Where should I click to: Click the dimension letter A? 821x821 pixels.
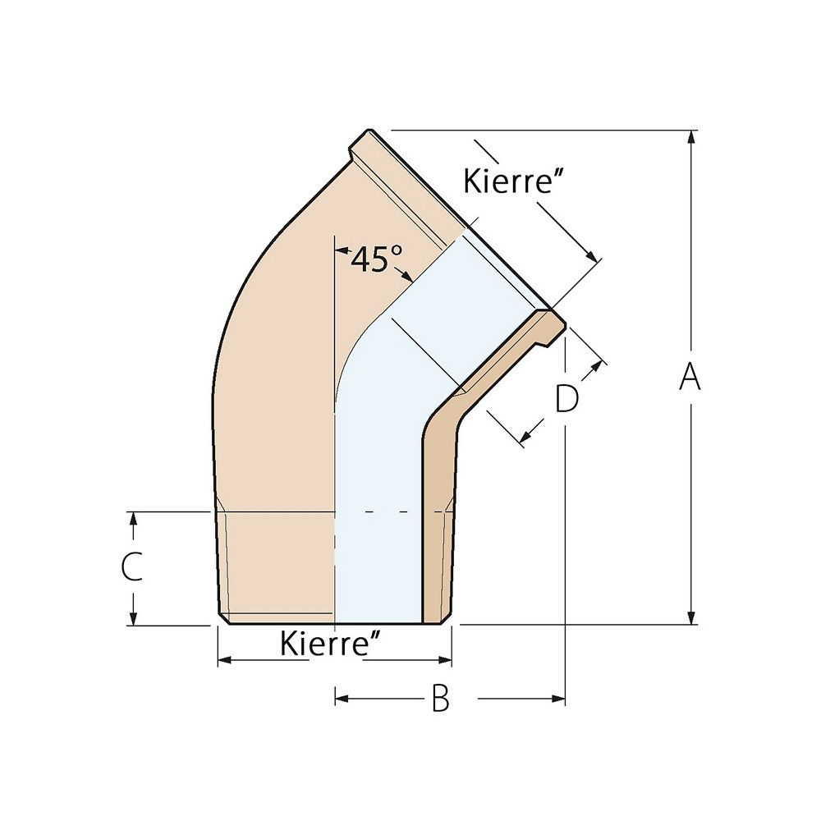click(691, 378)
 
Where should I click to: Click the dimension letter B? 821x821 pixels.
click(441, 699)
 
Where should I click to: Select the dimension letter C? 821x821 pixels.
click(131, 567)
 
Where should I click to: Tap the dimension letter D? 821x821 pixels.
click(566, 399)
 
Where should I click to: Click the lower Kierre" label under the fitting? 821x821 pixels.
click(334, 643)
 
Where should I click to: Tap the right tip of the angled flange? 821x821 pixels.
click(562, 322)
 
